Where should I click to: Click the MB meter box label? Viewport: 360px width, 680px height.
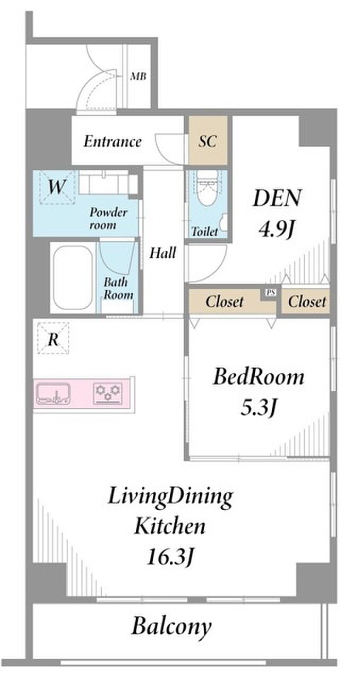(x=138, y=76)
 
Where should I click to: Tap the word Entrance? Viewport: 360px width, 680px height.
(x=113, y=142)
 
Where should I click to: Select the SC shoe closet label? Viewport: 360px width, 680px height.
(x=208, y=141)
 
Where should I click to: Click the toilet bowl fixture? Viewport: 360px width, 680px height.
(x=207, y=188)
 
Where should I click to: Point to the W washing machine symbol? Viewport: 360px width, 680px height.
(x=56, y=187)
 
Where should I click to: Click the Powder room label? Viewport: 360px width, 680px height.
(x=108, y=218)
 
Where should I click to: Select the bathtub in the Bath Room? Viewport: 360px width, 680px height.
(x=73, y=277)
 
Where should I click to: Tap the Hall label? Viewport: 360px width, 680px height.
(x=162, y=253)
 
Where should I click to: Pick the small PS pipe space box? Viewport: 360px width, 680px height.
(x=270, y=293)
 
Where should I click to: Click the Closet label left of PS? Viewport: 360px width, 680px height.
(x=225, y=301)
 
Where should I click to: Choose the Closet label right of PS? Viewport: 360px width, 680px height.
(x=307, y=301)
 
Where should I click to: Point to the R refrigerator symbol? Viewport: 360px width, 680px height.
(x=53, y=339)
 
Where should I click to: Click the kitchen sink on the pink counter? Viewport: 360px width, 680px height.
(x=54, y=394)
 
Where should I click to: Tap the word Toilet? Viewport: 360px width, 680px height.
(x=205, y=232)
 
